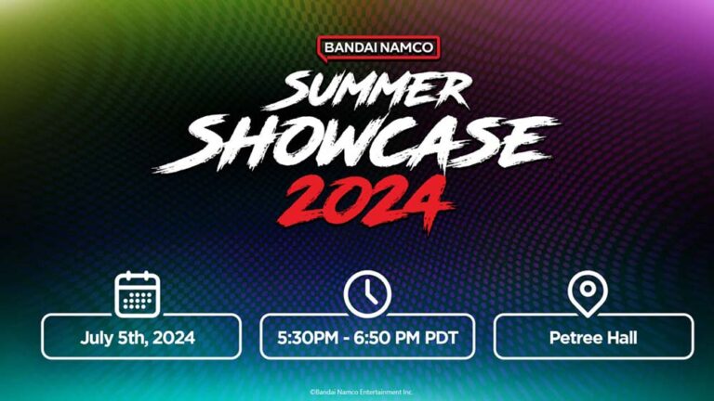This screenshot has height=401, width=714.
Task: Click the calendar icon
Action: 138,294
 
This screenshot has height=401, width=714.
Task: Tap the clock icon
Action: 367,294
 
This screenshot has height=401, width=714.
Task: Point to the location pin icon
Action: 587,294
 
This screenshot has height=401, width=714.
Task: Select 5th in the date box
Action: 137,337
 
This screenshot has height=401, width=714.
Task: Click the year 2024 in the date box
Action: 176,337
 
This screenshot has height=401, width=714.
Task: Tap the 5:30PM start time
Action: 309,337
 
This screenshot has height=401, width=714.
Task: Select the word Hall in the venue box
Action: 618,337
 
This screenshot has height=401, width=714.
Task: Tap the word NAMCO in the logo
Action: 405,47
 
